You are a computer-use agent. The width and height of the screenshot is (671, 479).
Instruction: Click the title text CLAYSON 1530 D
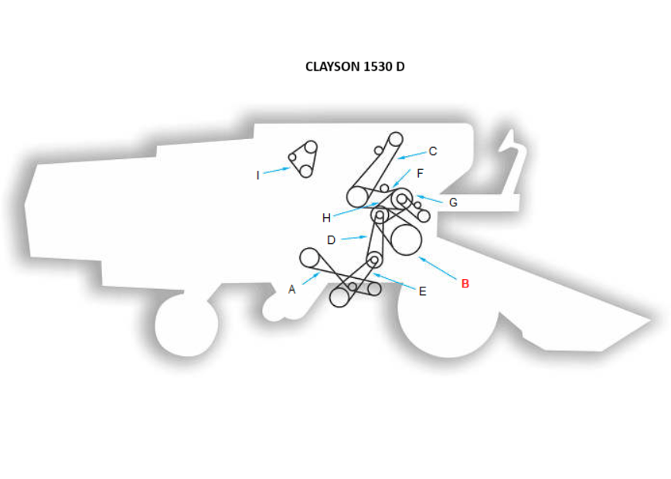(x=355, y=66)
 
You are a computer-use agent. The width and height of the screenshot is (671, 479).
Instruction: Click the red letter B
(x=465, y=284)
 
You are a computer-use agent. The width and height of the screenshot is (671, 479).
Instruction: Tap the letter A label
(x=291, y=290)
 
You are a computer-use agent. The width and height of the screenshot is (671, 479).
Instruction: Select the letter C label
(x=433, y=151)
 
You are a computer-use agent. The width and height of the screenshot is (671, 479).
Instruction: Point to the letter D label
(x=331, y=240)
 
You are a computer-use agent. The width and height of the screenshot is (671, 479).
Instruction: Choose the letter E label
(x=422, y=291)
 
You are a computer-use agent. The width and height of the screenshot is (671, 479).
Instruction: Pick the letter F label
(x=421, y=173)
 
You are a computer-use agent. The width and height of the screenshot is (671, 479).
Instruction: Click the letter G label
(x=453, y=202)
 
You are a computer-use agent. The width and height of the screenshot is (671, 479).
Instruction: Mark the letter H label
(x=326, y=218)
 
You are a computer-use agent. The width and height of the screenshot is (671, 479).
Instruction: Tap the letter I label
(x=258, y=175)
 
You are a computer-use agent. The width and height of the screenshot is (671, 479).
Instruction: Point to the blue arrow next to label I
(x=276, y=171)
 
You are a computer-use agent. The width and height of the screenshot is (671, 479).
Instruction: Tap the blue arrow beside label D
(x=353, y=238)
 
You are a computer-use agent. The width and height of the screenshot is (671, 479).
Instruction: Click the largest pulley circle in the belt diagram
(x=405, y=239)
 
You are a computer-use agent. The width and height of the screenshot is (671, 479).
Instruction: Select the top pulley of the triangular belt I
(x=310, y=147)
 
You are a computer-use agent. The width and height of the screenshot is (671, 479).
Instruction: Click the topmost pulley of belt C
(x=395, y=139)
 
